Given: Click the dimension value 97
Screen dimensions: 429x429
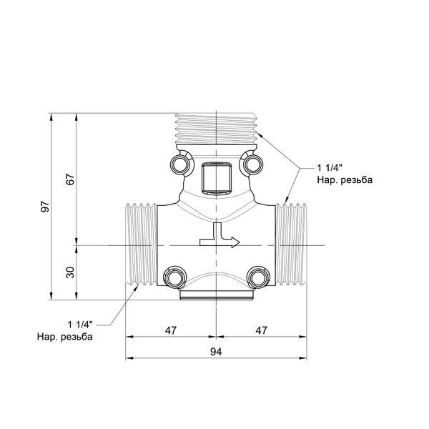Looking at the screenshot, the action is pyautogui.click(x=45, y=207).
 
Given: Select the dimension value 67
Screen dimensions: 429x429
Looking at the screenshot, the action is pyautogui.click(x=70, y=179).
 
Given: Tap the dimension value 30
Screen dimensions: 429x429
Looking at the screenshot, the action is pyautogui.click(x=70, y=272).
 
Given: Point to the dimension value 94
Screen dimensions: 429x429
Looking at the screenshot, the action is pyautogui.click(x=216, y=352).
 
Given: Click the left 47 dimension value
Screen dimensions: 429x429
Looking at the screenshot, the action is pyautogui.click(x=171, y=330).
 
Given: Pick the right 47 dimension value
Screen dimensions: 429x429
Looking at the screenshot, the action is pyautogui.click(x=261, y=330).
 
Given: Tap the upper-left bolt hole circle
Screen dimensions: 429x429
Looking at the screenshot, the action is pyautogui.click(x=180, y=164).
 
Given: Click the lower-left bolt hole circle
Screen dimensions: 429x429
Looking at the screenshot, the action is pyautogui.click(x=175, y=278).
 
